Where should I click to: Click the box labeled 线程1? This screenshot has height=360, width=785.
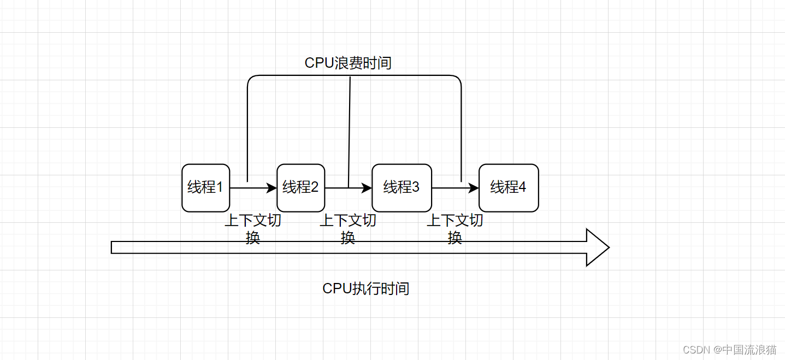(205, 187)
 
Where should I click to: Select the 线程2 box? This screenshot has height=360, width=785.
(300, 187)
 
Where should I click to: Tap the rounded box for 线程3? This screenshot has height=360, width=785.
(402, 187)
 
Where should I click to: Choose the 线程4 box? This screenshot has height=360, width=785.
(508, 187)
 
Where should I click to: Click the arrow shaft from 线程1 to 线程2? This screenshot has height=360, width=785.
(249, 188)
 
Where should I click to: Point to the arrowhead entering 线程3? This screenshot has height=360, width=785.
(367, 188)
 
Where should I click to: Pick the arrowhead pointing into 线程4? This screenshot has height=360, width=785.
(474, 188)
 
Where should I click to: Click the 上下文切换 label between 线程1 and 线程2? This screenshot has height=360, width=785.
(253, 228)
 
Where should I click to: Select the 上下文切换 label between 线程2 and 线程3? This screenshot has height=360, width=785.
(348, 228)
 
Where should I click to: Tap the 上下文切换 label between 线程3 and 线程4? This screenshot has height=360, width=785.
(455, 228)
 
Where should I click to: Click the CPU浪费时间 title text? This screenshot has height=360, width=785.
(348, 63)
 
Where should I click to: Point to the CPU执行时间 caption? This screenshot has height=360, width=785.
(365, 288)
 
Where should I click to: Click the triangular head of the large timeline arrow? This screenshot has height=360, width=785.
(597, 247)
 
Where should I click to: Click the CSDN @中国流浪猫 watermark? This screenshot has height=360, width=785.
(729, 350)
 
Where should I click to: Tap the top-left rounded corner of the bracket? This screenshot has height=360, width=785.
(251, 79)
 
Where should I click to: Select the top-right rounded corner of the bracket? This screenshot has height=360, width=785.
(458, 79)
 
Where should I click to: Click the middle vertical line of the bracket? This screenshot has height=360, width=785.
(349, 131)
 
